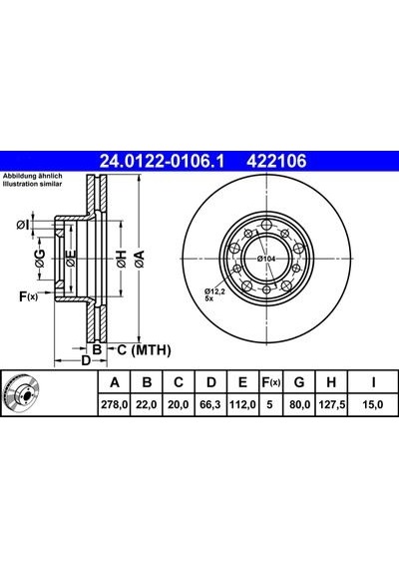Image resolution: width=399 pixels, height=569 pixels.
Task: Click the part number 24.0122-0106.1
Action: [163, 161]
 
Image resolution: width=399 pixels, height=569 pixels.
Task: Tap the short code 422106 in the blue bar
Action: [276, 161]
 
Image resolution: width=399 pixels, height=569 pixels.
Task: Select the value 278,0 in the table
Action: [115, 404]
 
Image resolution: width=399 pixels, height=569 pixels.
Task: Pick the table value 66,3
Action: [210, 404]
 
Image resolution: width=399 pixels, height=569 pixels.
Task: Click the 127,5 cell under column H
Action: [331, 404]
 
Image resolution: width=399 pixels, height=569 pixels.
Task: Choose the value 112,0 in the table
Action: [242, 404]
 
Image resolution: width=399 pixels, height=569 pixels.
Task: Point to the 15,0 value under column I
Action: [372, 404]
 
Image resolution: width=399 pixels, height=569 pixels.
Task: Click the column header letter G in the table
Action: [299, 382]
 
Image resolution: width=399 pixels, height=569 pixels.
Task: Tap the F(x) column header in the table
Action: [271, 382]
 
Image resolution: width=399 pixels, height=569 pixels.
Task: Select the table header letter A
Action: [115, 382]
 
